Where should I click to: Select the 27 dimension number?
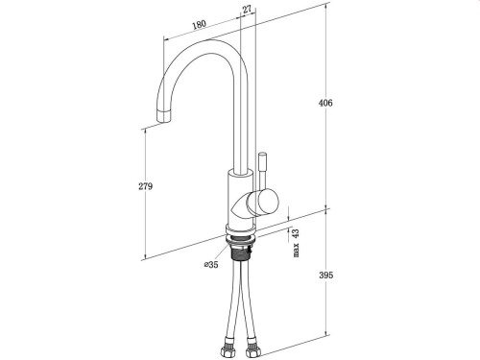coord(247,9)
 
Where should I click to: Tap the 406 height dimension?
coord(325,103)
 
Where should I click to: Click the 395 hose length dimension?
coord(325,276)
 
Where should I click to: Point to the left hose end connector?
coord(229,347)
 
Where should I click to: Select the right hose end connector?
coord(255,347)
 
